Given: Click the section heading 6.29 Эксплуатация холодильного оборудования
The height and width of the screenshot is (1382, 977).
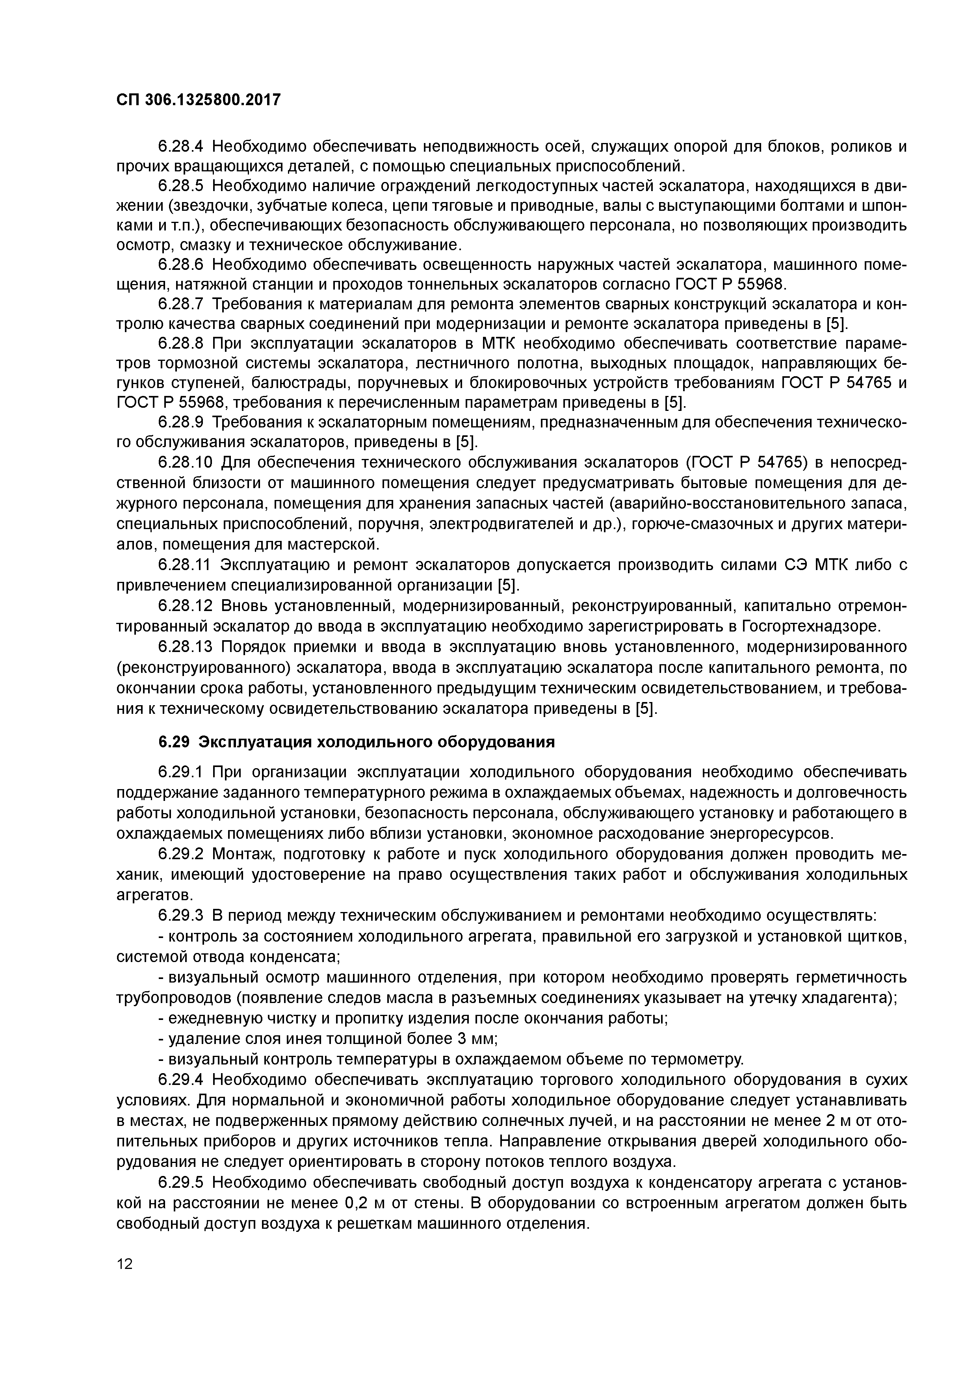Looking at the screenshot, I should [357, 742].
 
